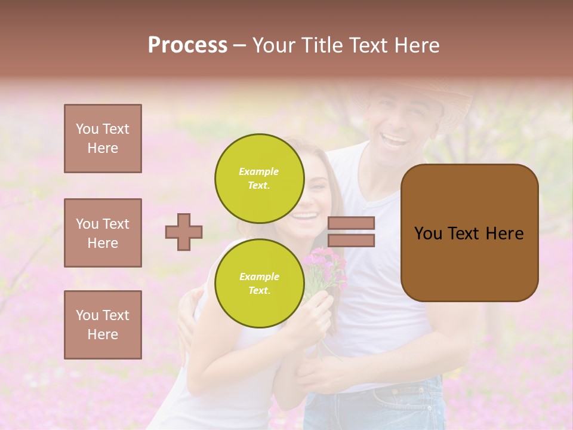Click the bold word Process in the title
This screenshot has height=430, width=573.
tap(187, 45)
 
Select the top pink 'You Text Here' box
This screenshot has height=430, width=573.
tap(103, 139)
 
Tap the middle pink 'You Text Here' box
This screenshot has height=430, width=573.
tap(103, 233)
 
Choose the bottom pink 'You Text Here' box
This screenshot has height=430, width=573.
tap(103, 325)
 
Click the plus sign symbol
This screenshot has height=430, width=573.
tap(184, 232)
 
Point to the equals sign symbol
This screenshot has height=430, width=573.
tap(351, 232)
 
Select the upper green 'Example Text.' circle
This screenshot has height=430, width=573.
tap(259, 178)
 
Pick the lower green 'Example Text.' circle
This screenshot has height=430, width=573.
tap(259, 283)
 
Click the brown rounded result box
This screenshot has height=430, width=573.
tap(469, 233)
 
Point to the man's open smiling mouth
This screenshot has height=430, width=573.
tap(394, 141)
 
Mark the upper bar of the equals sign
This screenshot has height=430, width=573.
tap(351, 223)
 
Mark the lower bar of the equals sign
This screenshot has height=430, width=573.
tap(351, 241)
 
